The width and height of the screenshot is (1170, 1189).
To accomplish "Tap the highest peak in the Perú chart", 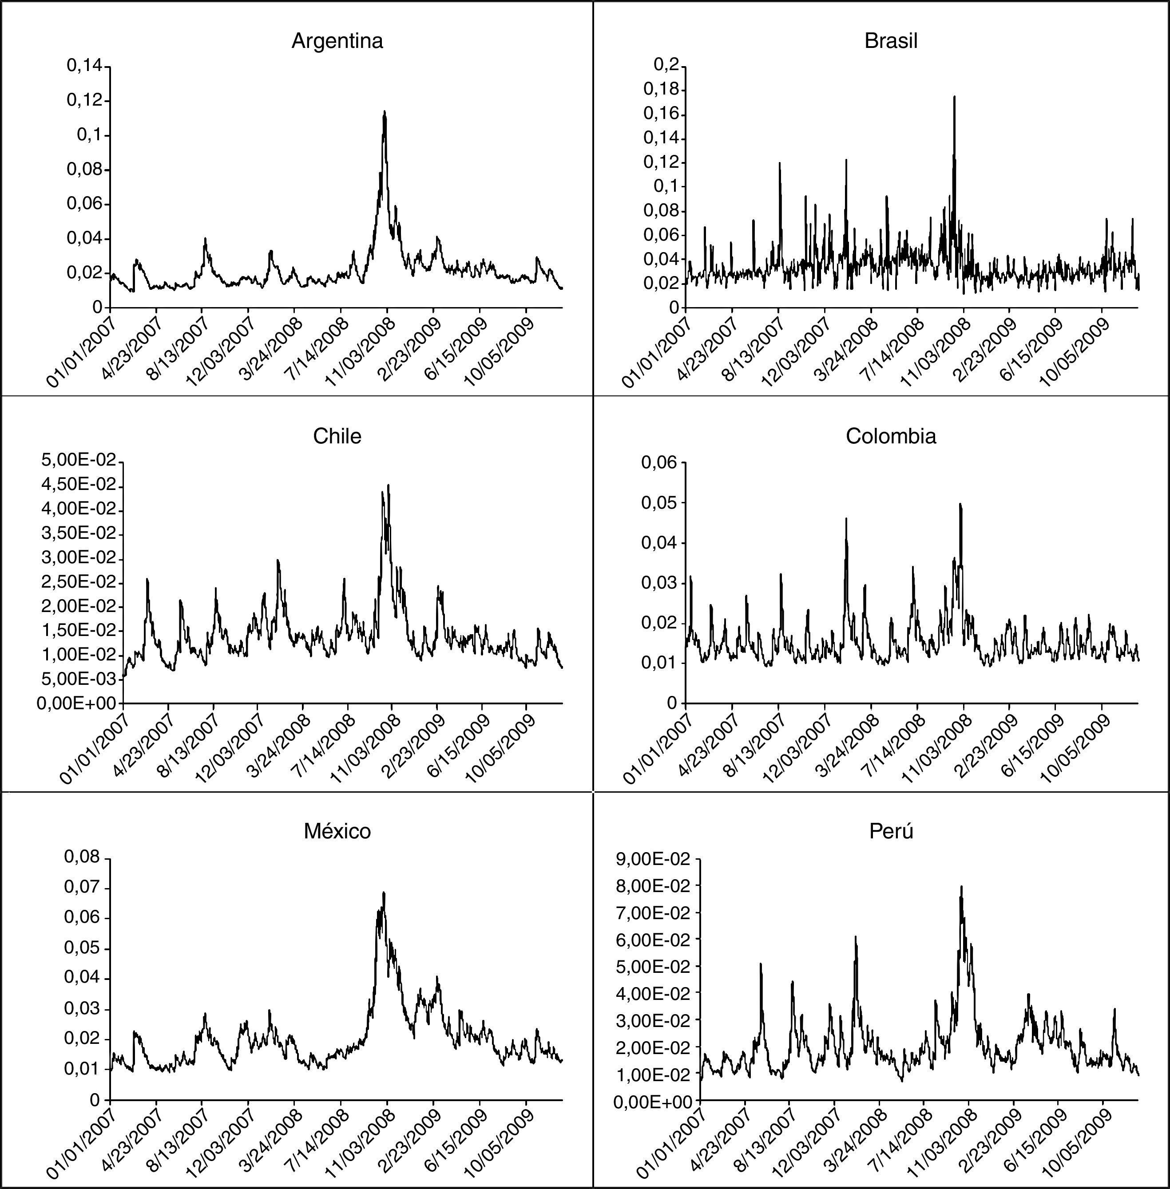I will click(962, 887).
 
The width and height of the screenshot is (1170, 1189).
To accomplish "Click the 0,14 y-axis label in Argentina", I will click(85, 65).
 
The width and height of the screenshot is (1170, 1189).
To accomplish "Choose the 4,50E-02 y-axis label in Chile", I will click(79, 485).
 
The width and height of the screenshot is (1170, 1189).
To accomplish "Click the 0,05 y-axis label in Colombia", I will click(659, 503).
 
